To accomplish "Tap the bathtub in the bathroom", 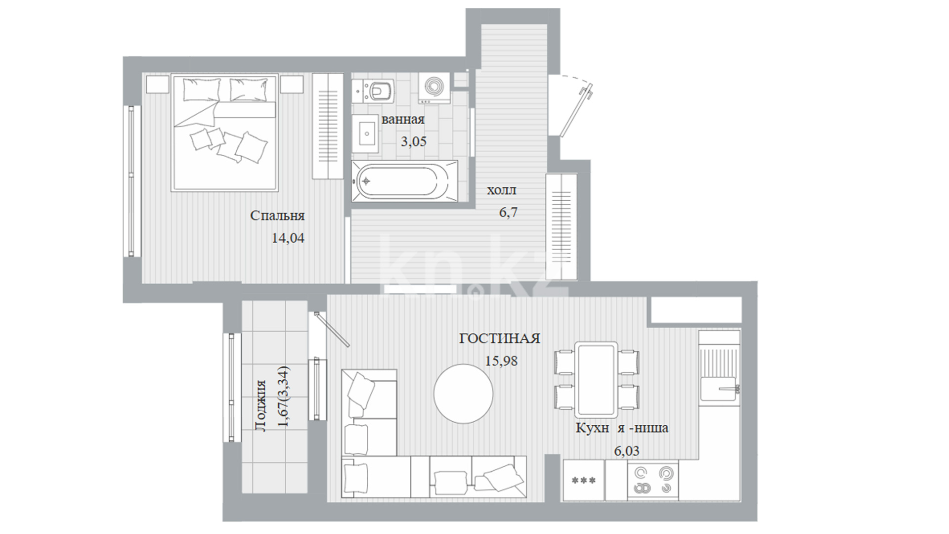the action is [404, 180].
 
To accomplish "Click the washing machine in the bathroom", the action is [434, 88].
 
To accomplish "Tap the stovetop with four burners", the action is [652, 480].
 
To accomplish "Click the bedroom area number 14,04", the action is [288, 238].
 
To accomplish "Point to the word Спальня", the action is [277, 216].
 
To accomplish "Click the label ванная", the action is [403, 120].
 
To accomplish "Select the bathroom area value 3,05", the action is [413, 142].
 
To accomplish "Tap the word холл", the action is [502, 190].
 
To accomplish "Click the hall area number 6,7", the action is [508, 213].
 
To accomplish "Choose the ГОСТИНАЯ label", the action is [500, 339].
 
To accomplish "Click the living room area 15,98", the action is [501, 361].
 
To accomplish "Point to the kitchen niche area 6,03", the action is [626, 451].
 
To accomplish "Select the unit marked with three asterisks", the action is [584, 480].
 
